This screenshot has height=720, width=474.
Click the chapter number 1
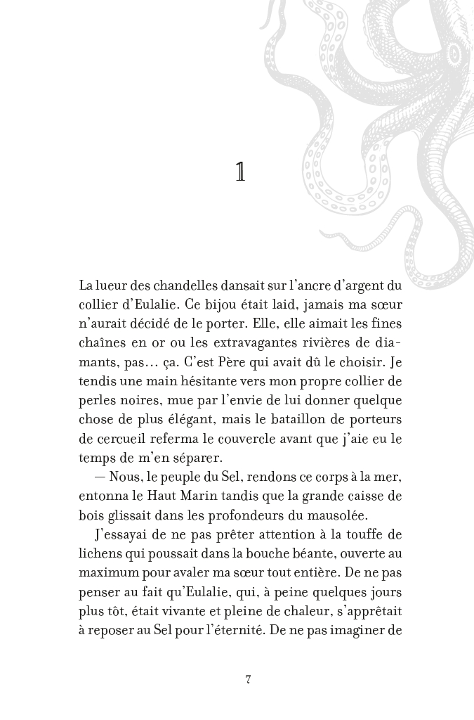point(240,173)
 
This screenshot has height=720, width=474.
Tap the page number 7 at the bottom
point(248,679)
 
